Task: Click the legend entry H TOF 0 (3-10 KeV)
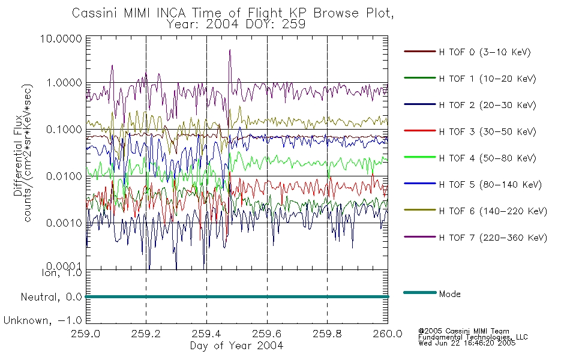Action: point(485,52)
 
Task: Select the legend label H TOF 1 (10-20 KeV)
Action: point(487,79)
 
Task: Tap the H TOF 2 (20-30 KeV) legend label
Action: point(487,105)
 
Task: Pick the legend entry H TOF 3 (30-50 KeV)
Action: point(487,131)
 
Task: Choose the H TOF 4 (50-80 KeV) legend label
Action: point(487,158)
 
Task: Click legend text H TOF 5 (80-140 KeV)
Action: point(490,185)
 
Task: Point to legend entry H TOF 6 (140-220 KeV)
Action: point(493,211)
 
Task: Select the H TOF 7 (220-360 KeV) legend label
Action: point(493,238)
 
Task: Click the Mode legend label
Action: point(449,294)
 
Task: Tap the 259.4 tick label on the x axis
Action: point(206,334)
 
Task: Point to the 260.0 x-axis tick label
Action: point(388,334)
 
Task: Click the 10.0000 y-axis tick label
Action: point(61,38)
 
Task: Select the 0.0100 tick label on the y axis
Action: point(64,176)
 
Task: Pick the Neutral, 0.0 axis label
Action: point(51,297)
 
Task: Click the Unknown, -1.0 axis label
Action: point(43,320)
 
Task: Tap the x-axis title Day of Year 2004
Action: point(236,346)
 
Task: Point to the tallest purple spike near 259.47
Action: point(230,50)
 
